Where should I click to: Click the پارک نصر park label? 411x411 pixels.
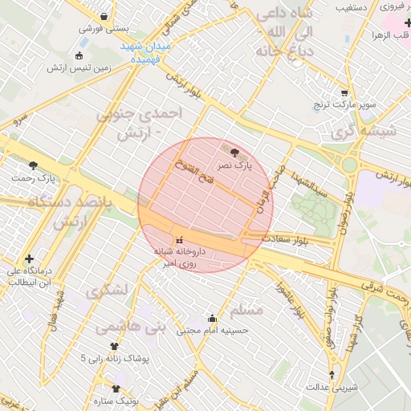(x=237, y=165)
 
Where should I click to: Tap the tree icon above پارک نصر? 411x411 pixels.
(x=234, y=152)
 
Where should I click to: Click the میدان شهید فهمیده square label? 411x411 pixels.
(x=146, y=54)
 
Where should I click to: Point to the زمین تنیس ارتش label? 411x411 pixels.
(x=77, y=68)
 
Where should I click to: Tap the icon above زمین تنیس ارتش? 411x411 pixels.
(x=78, y=55)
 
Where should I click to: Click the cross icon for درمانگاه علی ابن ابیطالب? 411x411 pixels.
(x=30, y=258)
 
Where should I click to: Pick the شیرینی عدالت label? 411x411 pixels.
(x=332, y=387)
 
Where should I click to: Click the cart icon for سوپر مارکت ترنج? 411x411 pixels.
(x=344, y=93)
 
